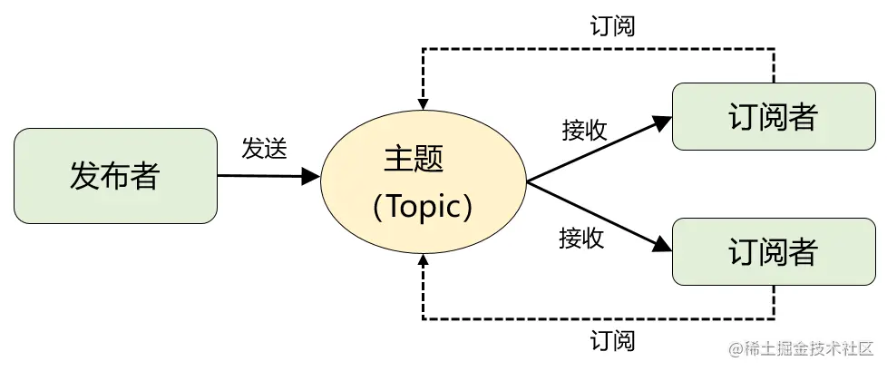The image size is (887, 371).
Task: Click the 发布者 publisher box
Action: [114, 176]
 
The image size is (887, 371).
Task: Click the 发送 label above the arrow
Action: [264, 149]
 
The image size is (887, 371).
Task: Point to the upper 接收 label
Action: [584, 131]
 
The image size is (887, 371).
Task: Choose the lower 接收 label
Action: [581, 239]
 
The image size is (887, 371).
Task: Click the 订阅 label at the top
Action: [611, 25]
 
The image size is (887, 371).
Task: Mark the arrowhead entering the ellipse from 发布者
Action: [311, 176]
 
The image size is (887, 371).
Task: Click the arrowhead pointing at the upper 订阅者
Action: [662, 121]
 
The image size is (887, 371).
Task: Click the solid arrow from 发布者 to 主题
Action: [263, 176]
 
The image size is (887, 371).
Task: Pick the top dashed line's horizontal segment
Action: [599, 47]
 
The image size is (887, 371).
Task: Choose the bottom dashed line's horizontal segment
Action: [599, 318]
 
